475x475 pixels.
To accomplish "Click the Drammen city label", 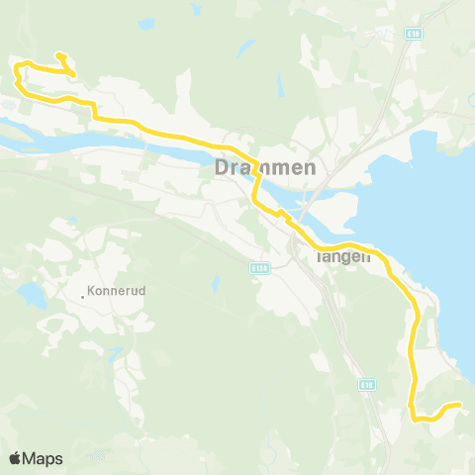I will point(265,168).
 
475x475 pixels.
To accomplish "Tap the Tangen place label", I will point(342,255).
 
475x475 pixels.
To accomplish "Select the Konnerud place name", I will point(117,292).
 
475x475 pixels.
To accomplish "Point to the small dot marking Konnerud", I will point(83,293).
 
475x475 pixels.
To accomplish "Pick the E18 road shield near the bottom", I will point(367,385).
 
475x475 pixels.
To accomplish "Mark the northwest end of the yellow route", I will point(58,54).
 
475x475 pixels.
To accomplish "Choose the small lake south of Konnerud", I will point(116,353).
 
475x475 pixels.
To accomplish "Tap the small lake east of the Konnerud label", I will point(215,285).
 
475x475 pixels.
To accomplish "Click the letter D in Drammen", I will point(223,168).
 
